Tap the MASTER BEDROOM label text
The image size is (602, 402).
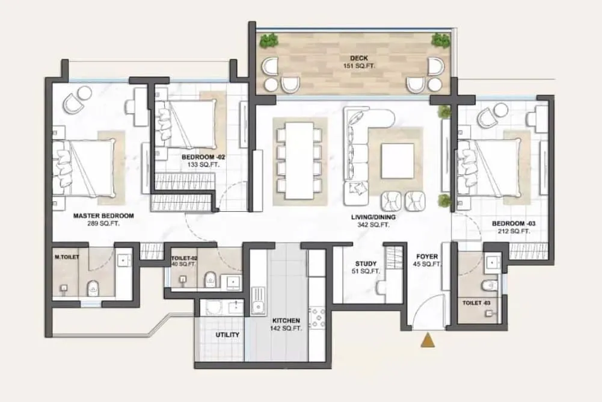[x=103, y=215]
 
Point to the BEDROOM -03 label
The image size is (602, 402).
[x=511, y=223]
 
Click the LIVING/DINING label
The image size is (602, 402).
[x=369, y=218]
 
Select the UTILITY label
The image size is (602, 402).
[x=228, y=335]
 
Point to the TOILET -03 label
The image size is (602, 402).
[x=476, y=303]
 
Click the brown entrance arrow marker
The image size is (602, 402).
[x=428, y=341]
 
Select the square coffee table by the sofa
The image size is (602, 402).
[x=398, y=161]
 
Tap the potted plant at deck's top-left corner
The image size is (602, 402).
[x=268, y=42]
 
